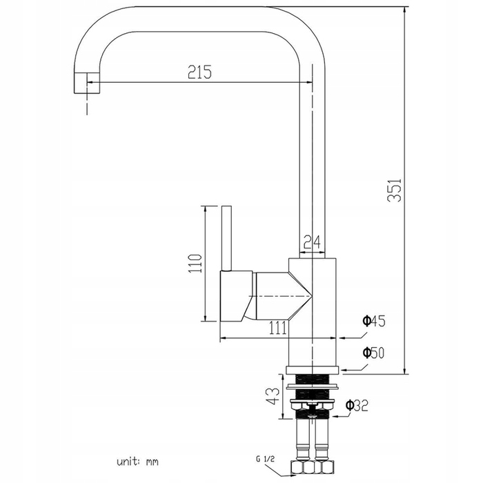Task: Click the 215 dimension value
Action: pos(199,72)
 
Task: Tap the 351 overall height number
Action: pos(395,190)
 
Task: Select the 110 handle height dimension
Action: pos(195,264)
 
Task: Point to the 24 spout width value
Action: pos(312,241)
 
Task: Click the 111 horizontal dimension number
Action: pos(278,328)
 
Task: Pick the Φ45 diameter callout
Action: pos(374,322)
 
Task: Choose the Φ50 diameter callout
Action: pos(374,353)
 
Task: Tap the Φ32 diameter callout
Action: pos(357,405)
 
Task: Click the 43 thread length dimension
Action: pos(273,396)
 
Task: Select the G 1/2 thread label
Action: pos(265,460)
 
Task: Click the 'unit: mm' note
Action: pos(137,462)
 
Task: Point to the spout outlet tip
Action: pos(87,83)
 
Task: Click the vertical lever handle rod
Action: pos(226,238)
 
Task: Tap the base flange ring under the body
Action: pos(313,371)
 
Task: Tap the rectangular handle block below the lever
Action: pos(236,296)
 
